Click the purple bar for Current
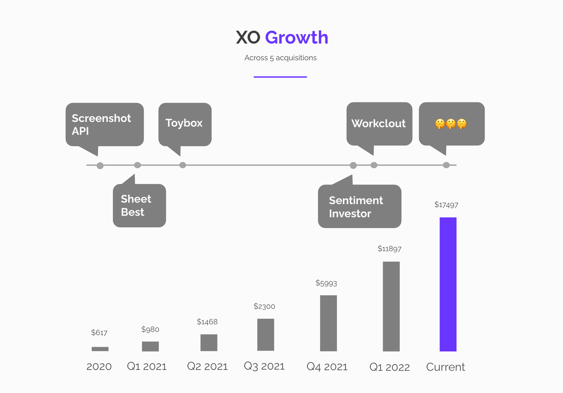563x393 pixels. (x=448, y=284)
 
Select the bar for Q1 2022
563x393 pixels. (x=391, y=306)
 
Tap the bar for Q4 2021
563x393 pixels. (x=328, y=323)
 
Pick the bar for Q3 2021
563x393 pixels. (x=266, y=335)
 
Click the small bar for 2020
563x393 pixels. (x=100, y=349)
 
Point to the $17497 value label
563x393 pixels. (x=446, y=205)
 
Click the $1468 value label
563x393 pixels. (x=207, y=322)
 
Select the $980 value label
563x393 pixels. (x=150, y=329)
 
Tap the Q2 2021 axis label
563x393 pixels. (x=207, y=366)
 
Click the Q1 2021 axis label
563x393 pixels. (x=147, y=366)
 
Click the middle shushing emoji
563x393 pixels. (x=451, y=124)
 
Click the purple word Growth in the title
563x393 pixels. (x=297, y=37)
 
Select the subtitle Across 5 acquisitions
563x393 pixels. (x=281, y=58)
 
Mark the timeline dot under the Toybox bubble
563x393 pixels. (x=183, y=165)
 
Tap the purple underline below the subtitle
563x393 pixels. (x=280, y=77)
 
